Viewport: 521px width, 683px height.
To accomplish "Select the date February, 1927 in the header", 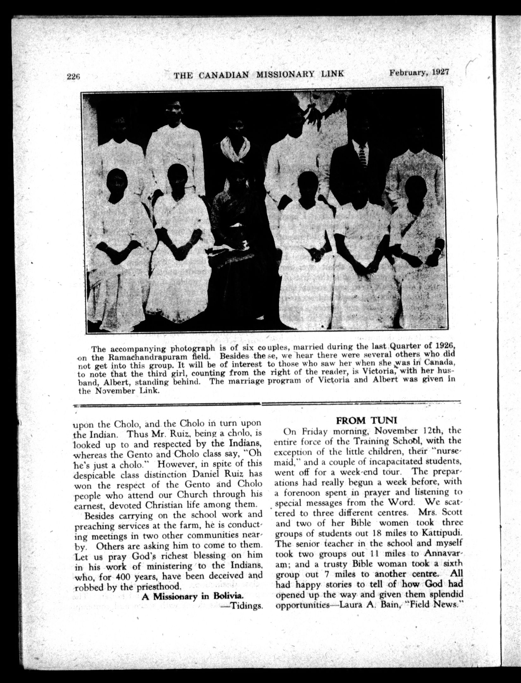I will click(419, 72).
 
